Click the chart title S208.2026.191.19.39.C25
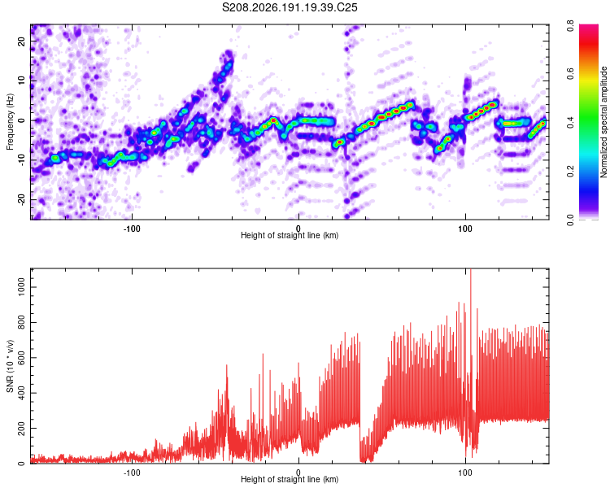pyautogui.click(x=290, y=7)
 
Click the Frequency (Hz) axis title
pyautogui.click(x=10, y=122)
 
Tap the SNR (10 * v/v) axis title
pyautogui.click(x=10, y=366)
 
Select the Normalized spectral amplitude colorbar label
pyautogui.click(x=603, y=122)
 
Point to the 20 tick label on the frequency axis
pyautogui.click(x=21, y=41)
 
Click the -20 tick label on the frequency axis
pyautogui.click(x=21, y=200)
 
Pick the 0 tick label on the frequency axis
pyautogui.click(x=21, y=120)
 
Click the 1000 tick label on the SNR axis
pyautogui.click(x=21, y=287)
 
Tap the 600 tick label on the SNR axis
pyautogui.click(x=21, y=358)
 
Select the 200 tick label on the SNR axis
pyautogui.click(x=21, y=428)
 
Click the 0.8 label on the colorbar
pyautogui.click(x=570, y=26)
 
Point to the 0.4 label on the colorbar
pyautogui.click(x=570, y=122)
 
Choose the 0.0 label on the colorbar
pyautogui.click(x=570, y=219)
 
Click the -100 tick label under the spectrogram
pyautogui.click(x=132, y=229)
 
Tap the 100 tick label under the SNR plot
pyautogui.click(x=465, y=473)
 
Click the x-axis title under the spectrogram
pyautogui.click(x=290, y=235)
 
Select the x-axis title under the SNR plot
pyautogui.click(x=290, y=479)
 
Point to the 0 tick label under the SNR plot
pyautogui.click(x=298, y=473)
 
